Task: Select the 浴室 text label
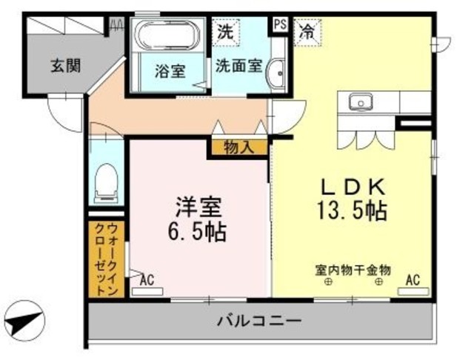pos(170,72)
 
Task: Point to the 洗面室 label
pos(238,64)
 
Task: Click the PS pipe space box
pos(280,24)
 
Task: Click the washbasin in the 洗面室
pos(276,73)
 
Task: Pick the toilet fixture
pos(107,183)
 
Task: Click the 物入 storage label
pos(238,147)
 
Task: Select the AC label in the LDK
pos(413,280)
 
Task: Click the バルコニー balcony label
pos(258,322)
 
